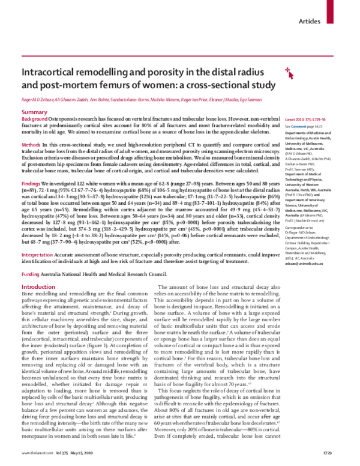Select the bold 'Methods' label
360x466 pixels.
click(x=31, y=146)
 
